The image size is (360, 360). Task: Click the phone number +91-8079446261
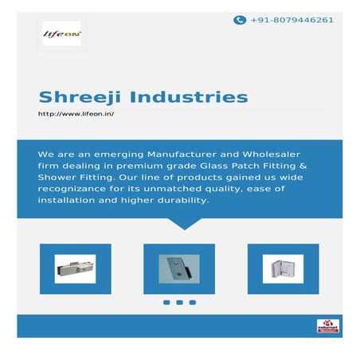pyautogui.click(x=292, y=20)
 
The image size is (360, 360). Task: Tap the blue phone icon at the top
pyautogui.click(x=239, y=20)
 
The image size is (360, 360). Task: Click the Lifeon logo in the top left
pyautogui.click(x=62, y=33)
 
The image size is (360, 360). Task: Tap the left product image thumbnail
pyautogui.click(x=75, y=268)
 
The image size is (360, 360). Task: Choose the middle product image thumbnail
pyautogui.click(x=179, y=268)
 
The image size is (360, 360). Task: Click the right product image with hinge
pyautogui.click(x=284, y=268)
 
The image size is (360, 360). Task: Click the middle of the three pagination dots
pyautogui.click(x=179, y=303)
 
